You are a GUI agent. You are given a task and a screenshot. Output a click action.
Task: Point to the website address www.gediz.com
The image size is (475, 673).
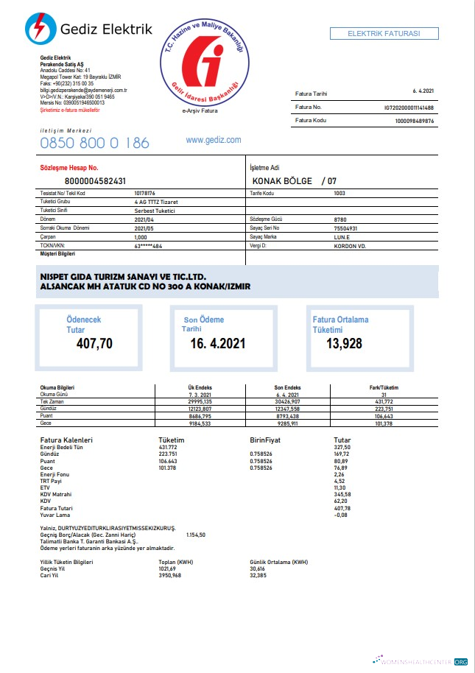(x=214, y=140)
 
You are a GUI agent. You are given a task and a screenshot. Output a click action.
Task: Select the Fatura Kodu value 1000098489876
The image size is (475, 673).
(x=415, y=120)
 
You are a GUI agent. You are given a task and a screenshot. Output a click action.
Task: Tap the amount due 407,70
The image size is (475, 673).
(x=94, y=342)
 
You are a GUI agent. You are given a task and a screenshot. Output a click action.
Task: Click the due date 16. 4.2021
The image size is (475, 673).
(x=218, y=343)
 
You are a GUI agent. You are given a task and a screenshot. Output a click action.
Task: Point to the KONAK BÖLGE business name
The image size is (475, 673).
(x=283, y=181)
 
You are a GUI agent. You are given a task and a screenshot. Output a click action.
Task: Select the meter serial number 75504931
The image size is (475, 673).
(x=346, y=228)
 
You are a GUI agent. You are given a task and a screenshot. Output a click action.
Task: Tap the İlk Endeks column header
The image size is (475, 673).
(x=200, y=387)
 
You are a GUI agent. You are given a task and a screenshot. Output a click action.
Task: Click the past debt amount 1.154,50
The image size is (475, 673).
(x=196, y=535)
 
